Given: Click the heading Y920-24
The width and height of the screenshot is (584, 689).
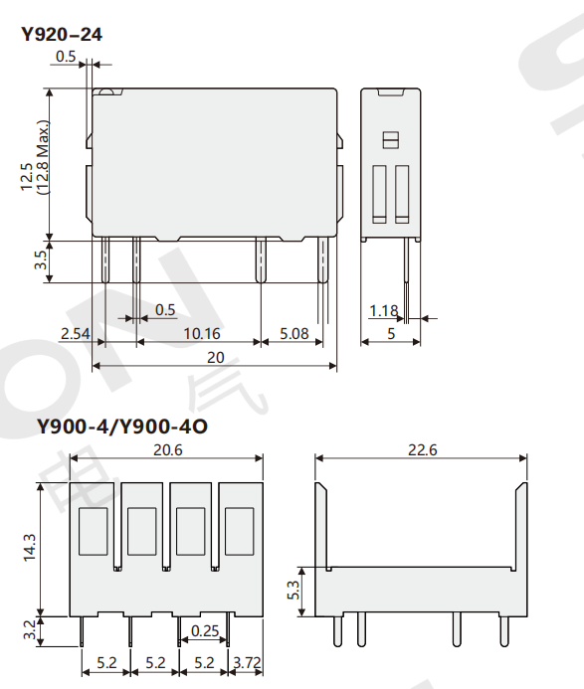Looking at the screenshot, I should [62, 35].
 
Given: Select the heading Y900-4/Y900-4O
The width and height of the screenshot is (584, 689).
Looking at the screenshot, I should [122, 428].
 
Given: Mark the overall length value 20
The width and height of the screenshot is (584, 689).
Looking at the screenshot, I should [215, 357].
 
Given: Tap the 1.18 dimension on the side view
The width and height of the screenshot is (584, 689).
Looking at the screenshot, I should [383, 311].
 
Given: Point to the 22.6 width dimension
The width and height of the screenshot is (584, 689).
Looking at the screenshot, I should [421, 449].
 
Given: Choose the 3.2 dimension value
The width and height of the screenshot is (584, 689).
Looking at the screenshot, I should [29, 629].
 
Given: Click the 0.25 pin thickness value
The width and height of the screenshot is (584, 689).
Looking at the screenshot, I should [205, 630].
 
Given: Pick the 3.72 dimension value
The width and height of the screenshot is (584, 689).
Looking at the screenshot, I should [248, 661].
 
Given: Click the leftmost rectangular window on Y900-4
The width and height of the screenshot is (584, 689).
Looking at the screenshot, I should [94, 531].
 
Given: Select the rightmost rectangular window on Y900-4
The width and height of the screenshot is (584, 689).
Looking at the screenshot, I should [239, 531].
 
